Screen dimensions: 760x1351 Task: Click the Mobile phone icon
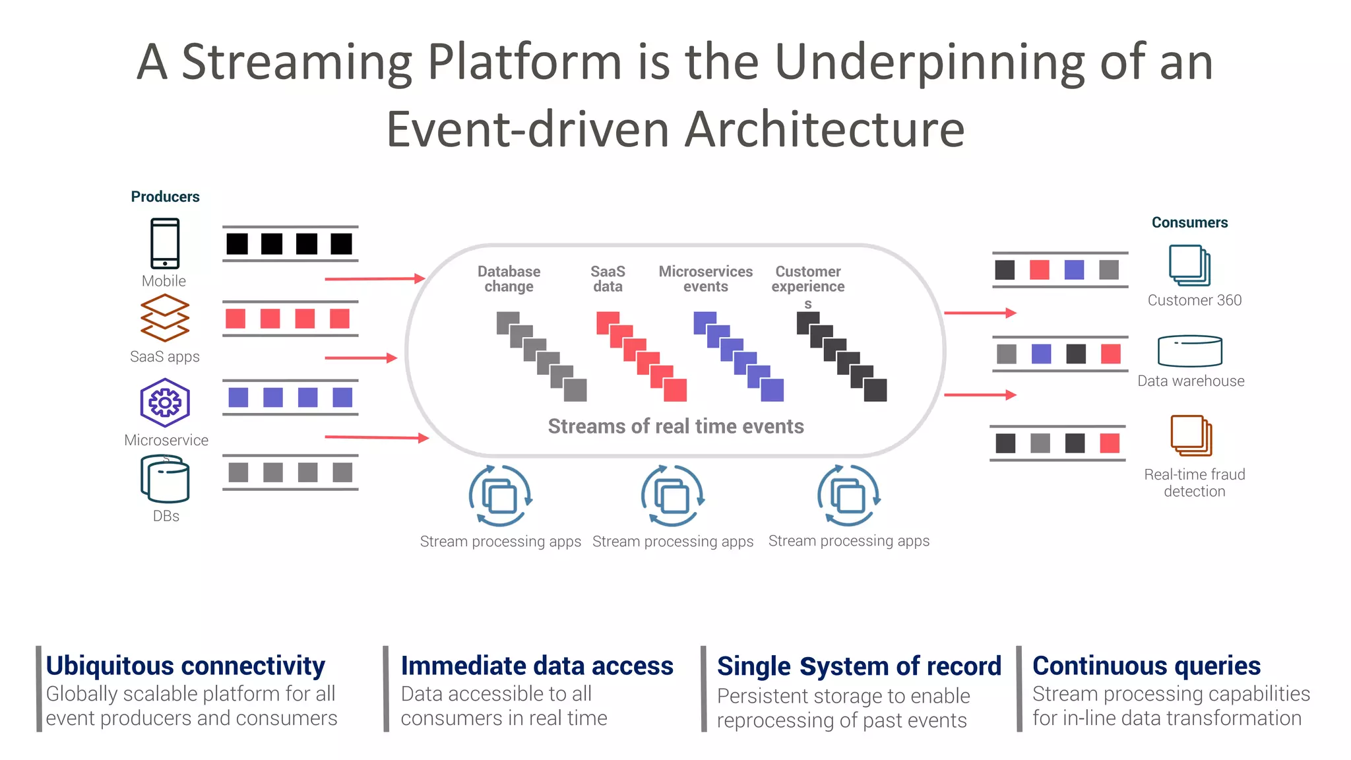pyautogui.click(x=165, y=243)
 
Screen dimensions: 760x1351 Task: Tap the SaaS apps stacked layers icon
pyautogui.click(x=165, y=318)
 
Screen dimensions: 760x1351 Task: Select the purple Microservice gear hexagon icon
pyautogui.click(x=165, y=402)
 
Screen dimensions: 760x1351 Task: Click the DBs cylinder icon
pyautogui.click(x=165, y=480)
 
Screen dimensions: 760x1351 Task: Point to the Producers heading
pyautogui.click(x=165, y=197)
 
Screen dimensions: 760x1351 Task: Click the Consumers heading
pyautogui.click(x=1189, y=222)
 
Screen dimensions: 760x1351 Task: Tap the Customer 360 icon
pyautogui.click(x=1189, y=265)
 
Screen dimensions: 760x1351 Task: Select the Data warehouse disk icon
pyautogui.click(x=1190, y=351)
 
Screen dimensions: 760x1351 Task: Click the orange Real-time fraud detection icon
pyautogui.click(x=1191, y=435)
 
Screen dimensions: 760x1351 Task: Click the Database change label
pyautogui.click(x=509, y=279)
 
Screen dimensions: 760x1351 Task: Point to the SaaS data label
pyautogui.click(x=608, y=279)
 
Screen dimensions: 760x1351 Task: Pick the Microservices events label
pyautogui.click(x=705, y=279)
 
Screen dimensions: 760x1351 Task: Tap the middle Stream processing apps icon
pyautogui.click(x=672, y=496)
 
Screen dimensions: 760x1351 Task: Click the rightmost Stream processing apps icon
pyautogui.click(x=848, y=496)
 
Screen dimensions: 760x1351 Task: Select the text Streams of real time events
pyautogui.click(x=675, y=426)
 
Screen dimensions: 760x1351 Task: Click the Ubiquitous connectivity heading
pyautogui.click(x=185, y=666)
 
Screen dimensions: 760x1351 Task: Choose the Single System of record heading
pyautogui.click(x=859, y=666)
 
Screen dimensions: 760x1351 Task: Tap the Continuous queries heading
pyautogui.click(x=1146, y=666)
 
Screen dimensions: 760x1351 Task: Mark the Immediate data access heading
pyautogui.click(x=537, y=666)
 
